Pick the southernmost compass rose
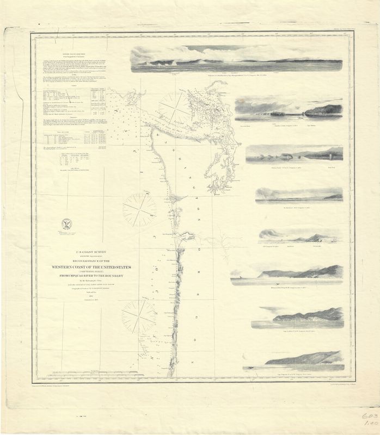139,315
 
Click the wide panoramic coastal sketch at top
236,58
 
